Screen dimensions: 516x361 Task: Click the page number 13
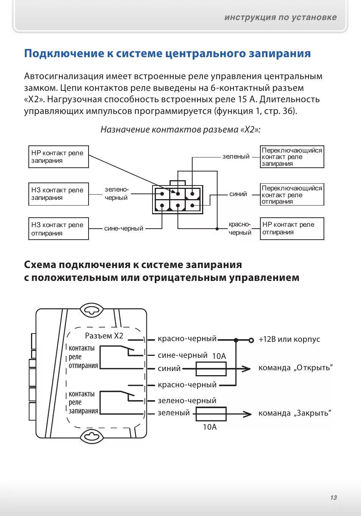(333, 497)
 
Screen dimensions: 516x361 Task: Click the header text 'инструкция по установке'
(280, 17)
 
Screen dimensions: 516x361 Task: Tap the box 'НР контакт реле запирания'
(59, 157)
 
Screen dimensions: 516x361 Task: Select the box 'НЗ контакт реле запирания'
(59, 194)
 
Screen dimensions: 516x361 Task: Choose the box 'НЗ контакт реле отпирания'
(59, 229)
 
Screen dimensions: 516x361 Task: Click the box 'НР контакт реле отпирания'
(292, 228)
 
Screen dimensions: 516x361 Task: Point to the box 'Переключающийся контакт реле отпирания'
(292, 195)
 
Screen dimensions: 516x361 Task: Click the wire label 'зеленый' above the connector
(236, 156)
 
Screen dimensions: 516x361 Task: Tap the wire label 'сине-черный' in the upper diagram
(124, 229)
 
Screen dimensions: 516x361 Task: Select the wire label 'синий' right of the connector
(238, 194)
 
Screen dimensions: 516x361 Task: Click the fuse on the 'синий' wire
(211, 369)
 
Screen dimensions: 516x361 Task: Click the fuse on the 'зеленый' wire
(211, 414)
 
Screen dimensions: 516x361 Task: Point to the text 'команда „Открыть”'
(296, 368)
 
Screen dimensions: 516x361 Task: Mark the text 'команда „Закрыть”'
(295, 413)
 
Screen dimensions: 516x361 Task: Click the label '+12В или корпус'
(289, 339)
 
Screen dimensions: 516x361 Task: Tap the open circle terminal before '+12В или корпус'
(251, 340)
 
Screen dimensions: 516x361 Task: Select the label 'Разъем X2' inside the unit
(104, 336)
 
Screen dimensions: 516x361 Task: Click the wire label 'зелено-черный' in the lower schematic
(187, 401)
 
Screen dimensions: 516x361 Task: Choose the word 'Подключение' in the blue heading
(64, 54)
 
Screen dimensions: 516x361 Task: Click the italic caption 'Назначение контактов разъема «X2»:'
(180, 129)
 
